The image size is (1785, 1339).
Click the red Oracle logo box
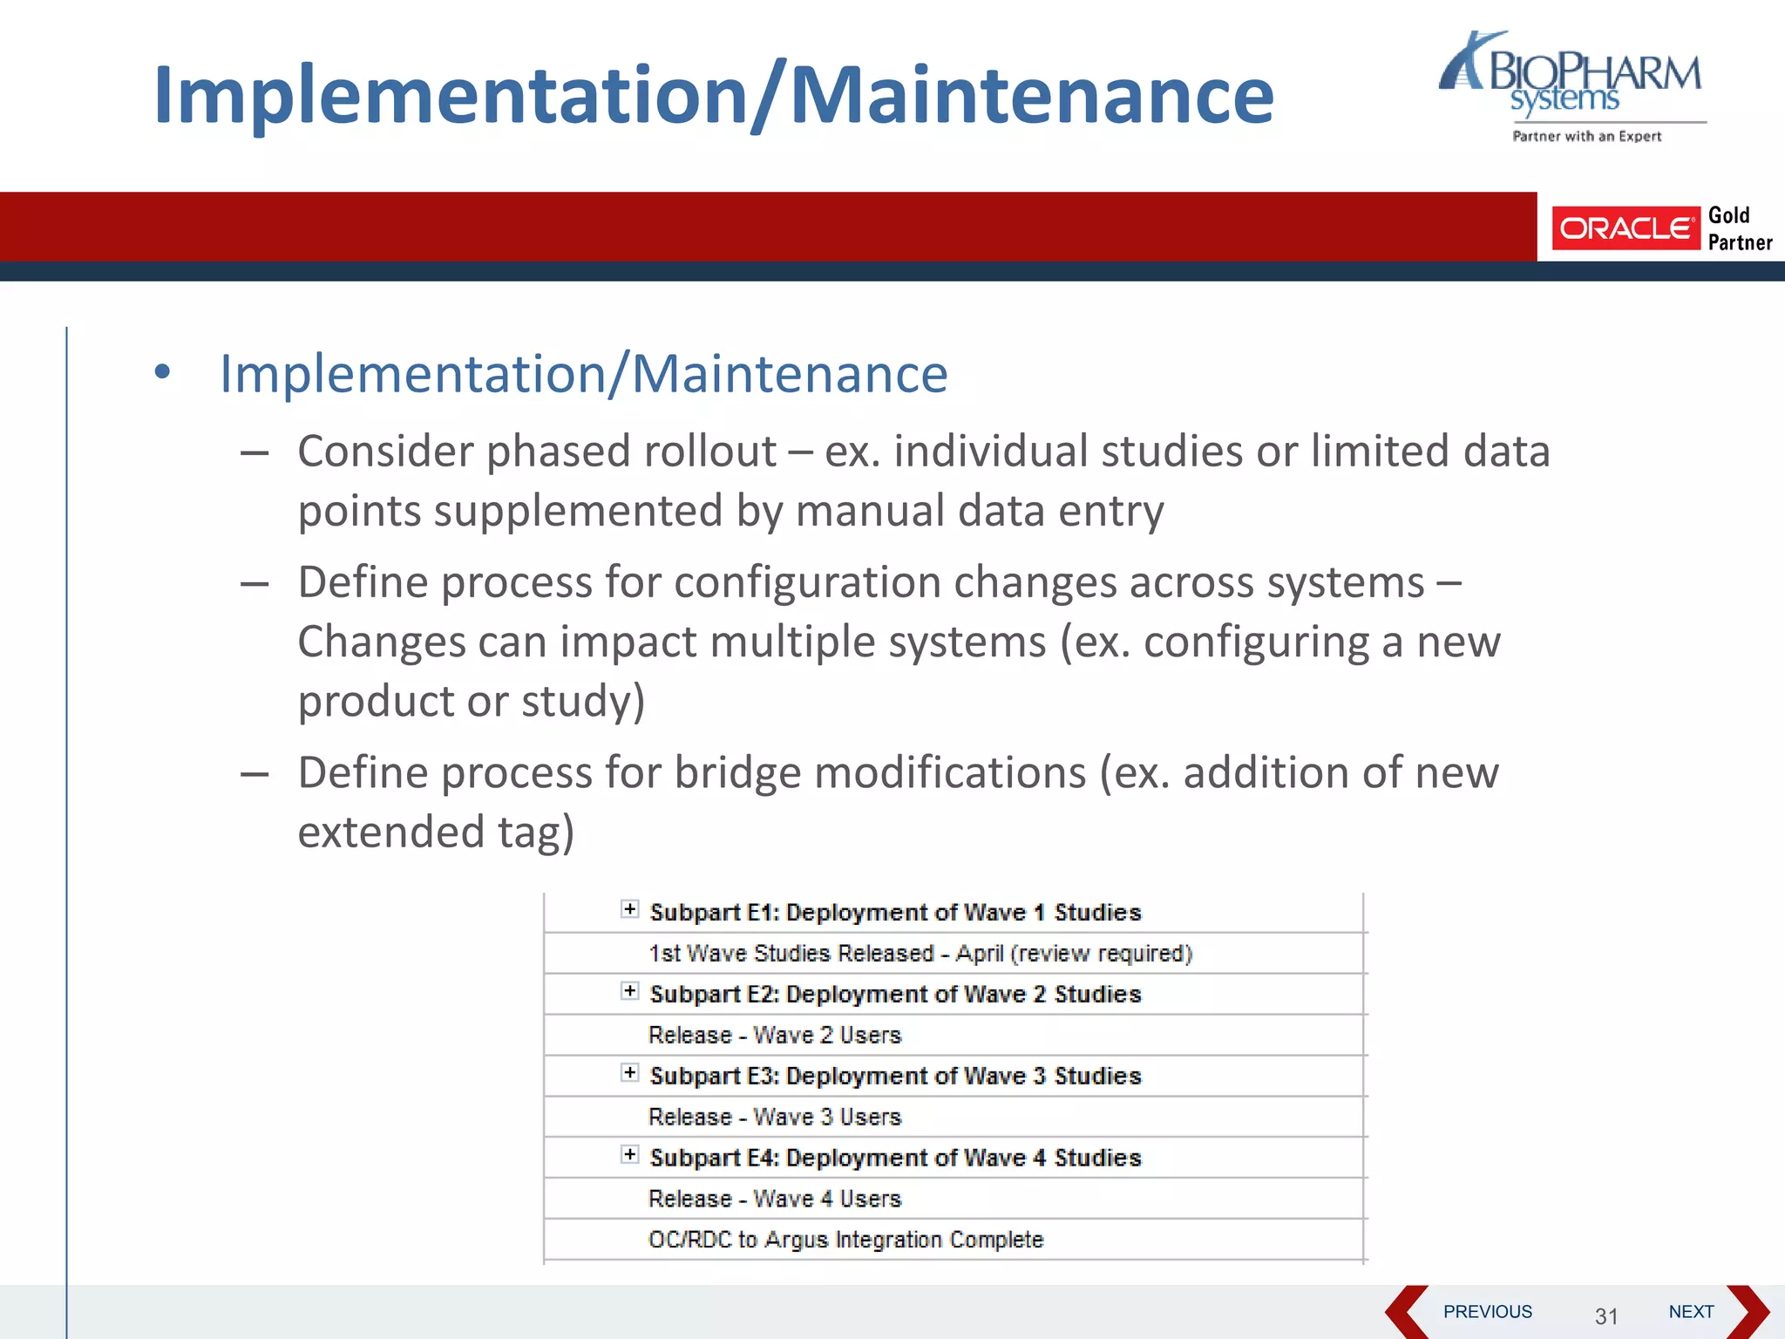point(1625,228)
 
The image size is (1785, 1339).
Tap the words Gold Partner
point(1739,228)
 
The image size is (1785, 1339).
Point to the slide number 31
point(1606,1315)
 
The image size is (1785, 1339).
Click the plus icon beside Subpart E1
point(629,909)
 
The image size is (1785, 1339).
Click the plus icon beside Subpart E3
point(629,1073)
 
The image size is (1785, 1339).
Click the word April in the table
point(979,953)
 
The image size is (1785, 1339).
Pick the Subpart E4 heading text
point(895,1158)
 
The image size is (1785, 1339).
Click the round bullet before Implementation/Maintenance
point(162,373)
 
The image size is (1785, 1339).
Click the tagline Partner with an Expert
point(1586,136)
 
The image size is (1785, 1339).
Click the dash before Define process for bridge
point(255,774)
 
